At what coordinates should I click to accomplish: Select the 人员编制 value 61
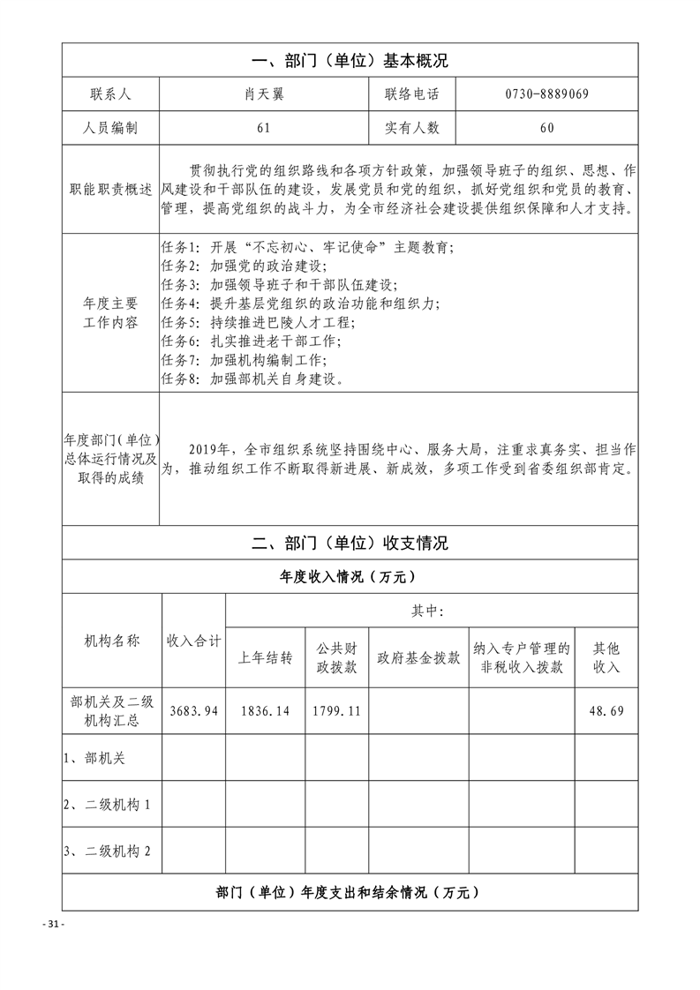[x=263, y=128]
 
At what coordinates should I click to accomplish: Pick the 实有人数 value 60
[x=546, y=128]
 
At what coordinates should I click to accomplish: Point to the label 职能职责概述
[x=111, y=191]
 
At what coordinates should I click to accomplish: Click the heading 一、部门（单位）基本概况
[x=350, y=62]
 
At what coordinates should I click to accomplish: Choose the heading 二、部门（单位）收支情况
[x=350, y=543]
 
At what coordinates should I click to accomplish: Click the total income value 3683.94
[x=193, y=711]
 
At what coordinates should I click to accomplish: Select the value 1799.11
[x=336, y=711]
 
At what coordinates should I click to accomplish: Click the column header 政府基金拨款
[x=418, y=658]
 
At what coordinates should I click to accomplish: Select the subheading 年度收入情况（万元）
[x=350, y=577]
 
